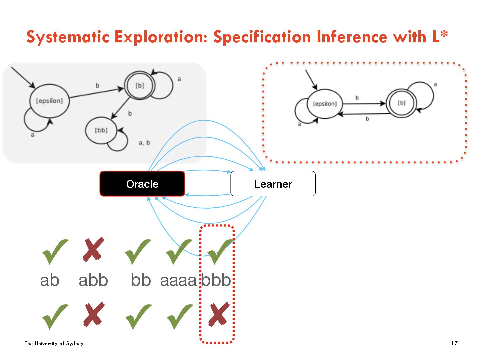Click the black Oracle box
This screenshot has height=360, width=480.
[142, 184]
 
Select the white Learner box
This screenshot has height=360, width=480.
[273, 184]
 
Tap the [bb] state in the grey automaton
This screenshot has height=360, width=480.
[101, 130]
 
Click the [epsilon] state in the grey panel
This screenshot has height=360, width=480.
[49, 101]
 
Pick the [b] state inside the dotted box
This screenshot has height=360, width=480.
[402, 103]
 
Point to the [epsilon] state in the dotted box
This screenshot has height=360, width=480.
[325, 104]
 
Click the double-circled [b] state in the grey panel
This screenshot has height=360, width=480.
[140, 86]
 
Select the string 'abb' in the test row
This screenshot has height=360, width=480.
[93, 280]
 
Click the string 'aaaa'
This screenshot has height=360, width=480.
[178, 280]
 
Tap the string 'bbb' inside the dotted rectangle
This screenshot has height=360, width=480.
[216, 280]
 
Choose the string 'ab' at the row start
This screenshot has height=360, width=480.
[50, 280]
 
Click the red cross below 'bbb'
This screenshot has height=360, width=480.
[218, 314]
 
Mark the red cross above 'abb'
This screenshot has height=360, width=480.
[94, 249]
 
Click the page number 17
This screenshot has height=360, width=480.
[454, 343]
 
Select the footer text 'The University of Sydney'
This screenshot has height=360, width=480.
[54, 343]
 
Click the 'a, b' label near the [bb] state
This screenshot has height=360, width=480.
[144, 143]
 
